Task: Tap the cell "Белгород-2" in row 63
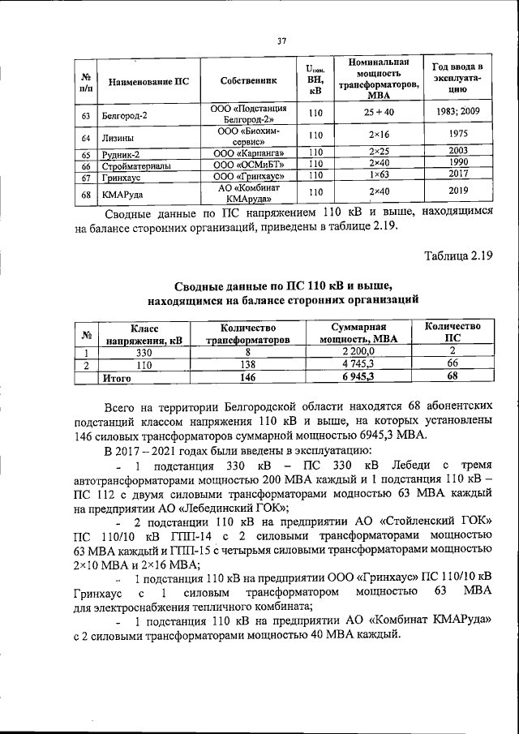pyautogui.click(x=125, y=115)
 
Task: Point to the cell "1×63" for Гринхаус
pyautogui.click(x=380, y=174)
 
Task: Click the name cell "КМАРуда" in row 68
pyautogui.click(x=122, y=194)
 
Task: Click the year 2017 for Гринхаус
pyautogui.click(x=458, y=174)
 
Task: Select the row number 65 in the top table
pyautogui.click(x=86, y=153)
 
